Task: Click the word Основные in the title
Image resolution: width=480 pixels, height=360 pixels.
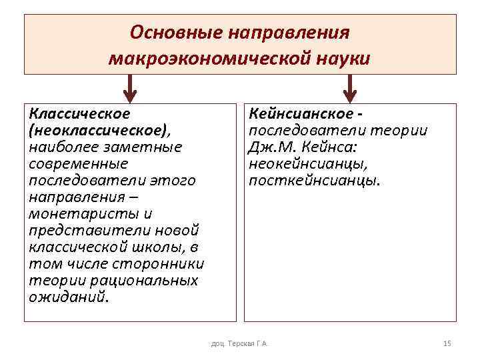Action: [175, 33]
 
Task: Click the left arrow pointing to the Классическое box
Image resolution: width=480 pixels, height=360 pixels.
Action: [131, 87]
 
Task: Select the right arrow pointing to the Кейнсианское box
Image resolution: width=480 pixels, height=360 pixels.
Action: [349, 87]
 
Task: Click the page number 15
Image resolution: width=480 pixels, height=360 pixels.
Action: [447, 343]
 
